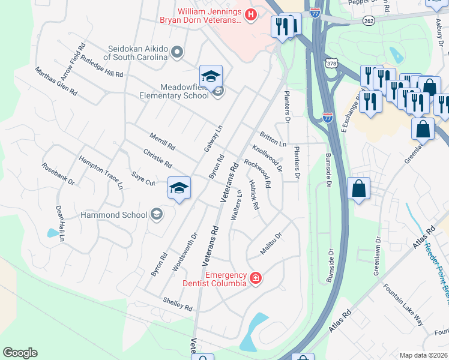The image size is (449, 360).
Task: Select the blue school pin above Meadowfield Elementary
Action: pyautogui.click(x=211, y=76)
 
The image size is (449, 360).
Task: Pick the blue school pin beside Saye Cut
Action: pyautogui.click(x=179, y=189)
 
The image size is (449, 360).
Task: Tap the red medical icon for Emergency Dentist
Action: pyautogui.click(x=256, y=277)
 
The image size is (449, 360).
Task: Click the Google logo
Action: pyautogui.click(x=20, y=353)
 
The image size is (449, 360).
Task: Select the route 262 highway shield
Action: pyautogui.click(x=369, y=20)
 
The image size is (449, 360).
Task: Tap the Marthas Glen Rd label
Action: pyautogui.click(x=56, y=82)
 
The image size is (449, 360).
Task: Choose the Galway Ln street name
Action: pyautogui.click(x=217, y=138)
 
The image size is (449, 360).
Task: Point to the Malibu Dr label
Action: pyautogui.click(x=271, y=243)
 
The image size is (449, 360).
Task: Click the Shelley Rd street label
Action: pyautogui.click(x=177, y=304)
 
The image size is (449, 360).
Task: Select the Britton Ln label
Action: pyautogui.click(x=273, y=139)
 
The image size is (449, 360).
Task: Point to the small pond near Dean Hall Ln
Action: pyautogui.click(x=52, y=232)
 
